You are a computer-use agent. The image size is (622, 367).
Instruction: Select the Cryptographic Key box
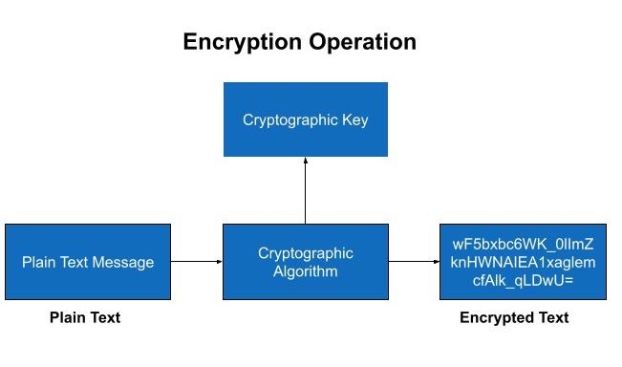click(306, 119)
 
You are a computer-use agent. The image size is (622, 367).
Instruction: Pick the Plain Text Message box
click(88, 262)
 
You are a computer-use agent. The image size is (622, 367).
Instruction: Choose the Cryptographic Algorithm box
click(306, 262)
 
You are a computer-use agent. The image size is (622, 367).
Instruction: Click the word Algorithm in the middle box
click(306, 270)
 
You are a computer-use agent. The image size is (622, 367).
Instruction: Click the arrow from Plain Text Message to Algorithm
click(197, 261)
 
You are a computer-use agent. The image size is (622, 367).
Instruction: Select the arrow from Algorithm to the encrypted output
click(414, 261)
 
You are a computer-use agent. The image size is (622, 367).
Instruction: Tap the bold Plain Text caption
click(85, 317)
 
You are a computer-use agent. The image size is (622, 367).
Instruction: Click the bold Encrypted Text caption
click(514, 317)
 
